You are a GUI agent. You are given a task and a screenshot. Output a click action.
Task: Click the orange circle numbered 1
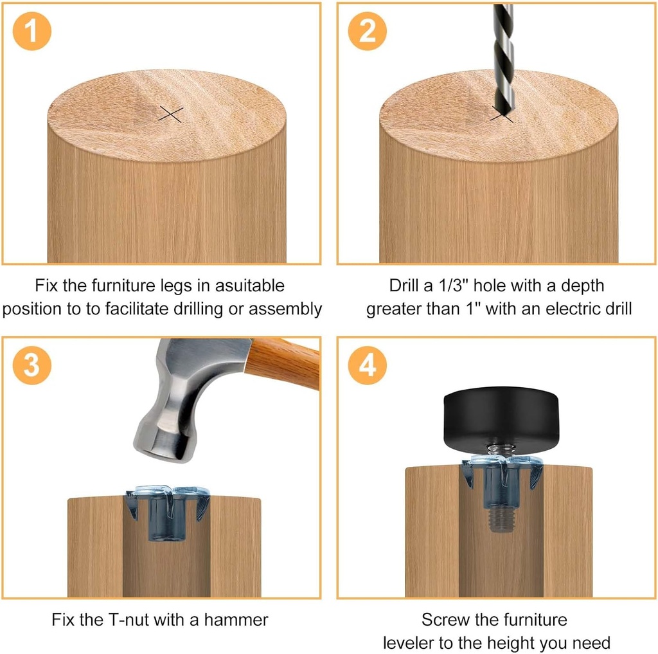tap(31, 32)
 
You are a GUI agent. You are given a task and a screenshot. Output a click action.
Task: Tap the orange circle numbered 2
tap(368, 32)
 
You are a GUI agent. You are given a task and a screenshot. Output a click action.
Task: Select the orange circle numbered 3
tap(31, 366)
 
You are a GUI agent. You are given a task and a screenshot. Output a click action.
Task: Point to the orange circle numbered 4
tap(368, 366)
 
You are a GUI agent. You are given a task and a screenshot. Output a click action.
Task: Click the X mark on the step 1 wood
tap(171, 114)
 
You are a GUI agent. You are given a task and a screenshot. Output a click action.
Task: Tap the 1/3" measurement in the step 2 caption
tap(455, 285)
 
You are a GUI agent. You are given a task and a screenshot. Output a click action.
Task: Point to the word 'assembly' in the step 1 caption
tap(285, 309)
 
